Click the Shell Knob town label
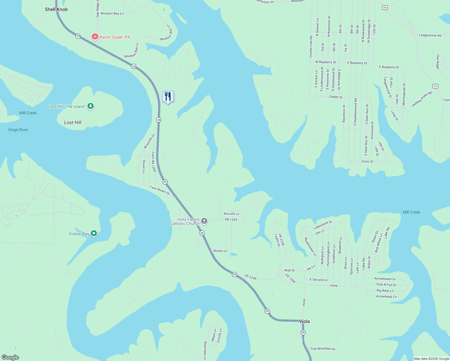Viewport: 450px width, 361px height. point(56,9)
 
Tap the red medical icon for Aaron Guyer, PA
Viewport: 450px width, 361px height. point(95,37)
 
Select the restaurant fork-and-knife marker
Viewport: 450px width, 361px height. point(168,97)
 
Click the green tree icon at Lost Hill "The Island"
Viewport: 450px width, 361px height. point(91,106)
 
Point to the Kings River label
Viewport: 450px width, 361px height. point(18,130)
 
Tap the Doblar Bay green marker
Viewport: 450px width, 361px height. point(94,233)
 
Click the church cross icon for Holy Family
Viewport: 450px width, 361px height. point(204,221)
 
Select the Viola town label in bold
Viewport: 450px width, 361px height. point(304,321)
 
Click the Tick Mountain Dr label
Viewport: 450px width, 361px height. point(323,349)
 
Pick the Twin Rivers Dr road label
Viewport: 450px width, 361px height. point(160,190)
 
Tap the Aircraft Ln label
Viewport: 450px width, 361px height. point(231,214)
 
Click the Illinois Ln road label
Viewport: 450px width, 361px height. point(220,251)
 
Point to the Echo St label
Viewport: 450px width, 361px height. point(368,162)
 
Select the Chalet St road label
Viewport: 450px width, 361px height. point(335,97)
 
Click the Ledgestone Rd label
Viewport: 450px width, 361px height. point(430,35)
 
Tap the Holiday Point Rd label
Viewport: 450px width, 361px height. point(422,99)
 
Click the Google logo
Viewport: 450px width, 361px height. point(10,357)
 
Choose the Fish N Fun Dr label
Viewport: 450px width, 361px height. point(387,285)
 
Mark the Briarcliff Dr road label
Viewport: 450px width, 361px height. point(149,141)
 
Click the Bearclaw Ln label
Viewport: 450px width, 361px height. point(205,350)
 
